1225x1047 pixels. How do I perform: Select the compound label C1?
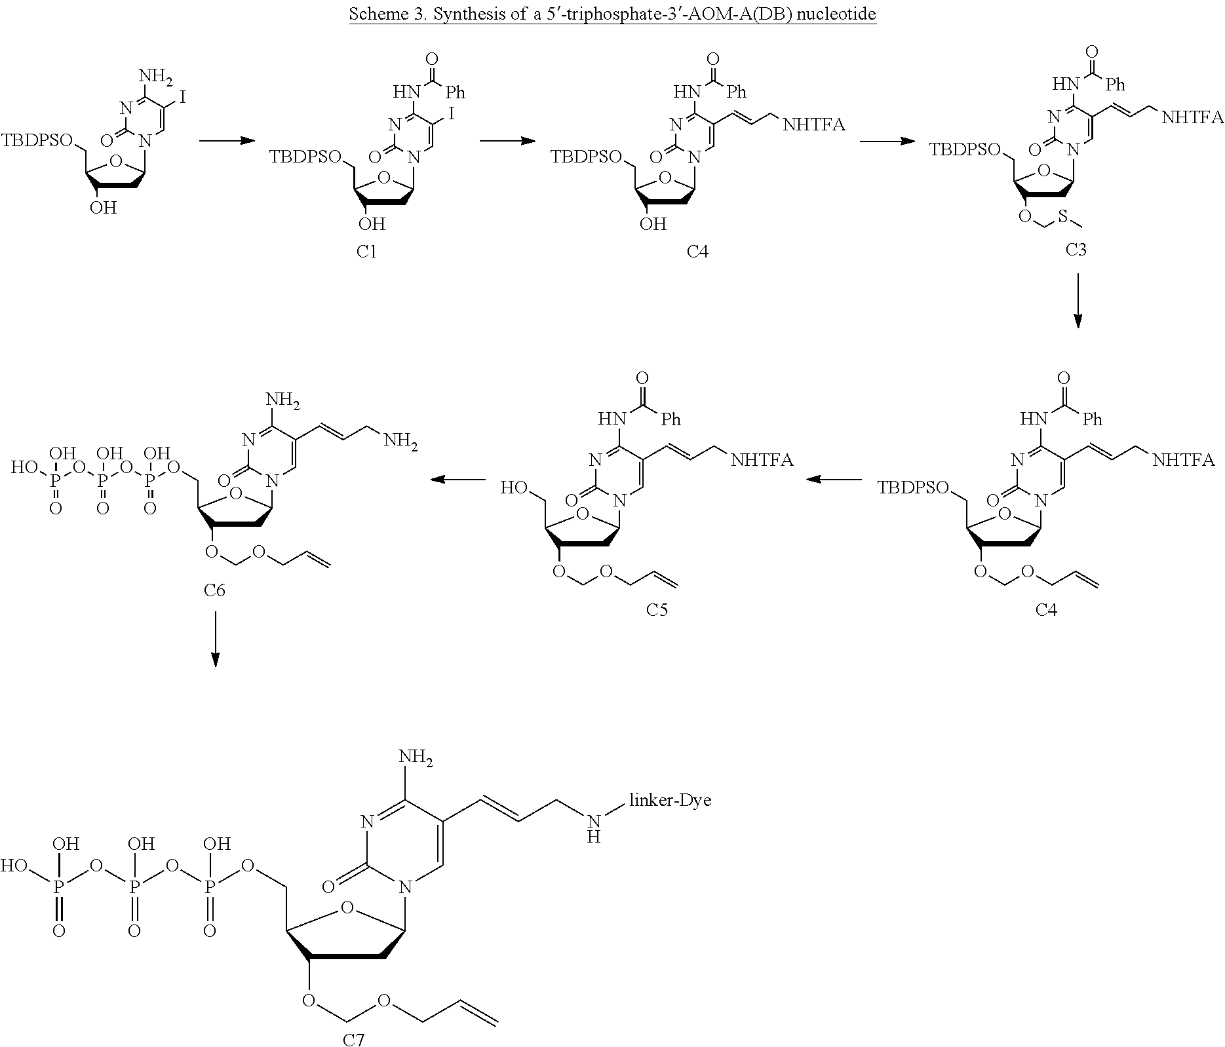click(366, 252)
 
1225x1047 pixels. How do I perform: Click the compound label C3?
click(1076, 249)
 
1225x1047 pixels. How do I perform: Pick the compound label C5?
click(657, 610)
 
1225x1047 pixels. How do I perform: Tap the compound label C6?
click(214, 590)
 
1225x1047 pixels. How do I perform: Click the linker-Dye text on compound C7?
click(669, 800)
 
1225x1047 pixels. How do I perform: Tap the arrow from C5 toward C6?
click(457, 480)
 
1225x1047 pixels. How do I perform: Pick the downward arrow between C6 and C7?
click(214, 639)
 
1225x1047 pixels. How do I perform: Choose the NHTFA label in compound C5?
click(762, 460)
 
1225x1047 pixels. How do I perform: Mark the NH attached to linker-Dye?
click(594, 828)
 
